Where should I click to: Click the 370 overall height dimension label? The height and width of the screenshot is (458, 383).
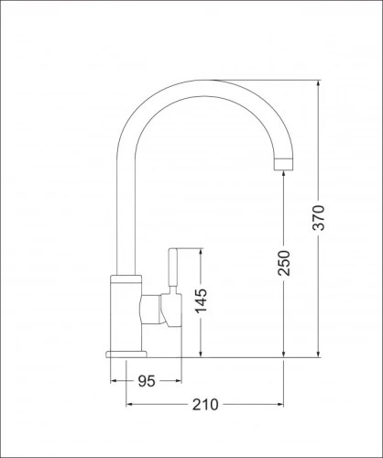pyautogui.click(x=320, y=219)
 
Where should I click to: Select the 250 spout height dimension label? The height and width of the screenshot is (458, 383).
pyautogui.click(x=285, y=263)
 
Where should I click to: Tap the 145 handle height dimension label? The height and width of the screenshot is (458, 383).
pyautogui.click(x=201, y=302)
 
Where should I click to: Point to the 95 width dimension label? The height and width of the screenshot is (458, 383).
pyautogui.click(x=146, y=381)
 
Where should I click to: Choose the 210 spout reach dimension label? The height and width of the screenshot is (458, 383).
pyautogui.click(x=203, y=404)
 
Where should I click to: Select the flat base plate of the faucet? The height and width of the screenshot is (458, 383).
pyautogui.click(x=127, y=353)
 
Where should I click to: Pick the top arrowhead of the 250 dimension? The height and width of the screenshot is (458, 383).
pyautogui.click(x=285, y=176)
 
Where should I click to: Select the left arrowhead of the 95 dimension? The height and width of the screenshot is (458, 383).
pyautogui.click(x=115, y=381)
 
